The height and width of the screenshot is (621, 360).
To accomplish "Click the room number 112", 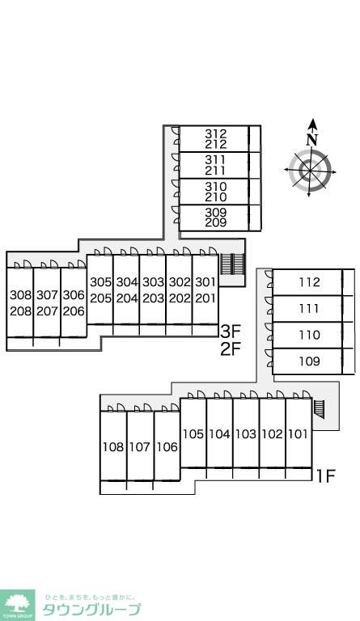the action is [309, 282].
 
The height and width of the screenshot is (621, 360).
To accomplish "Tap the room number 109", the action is [309, 361].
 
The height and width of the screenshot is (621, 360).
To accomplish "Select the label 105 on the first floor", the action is [193, 434].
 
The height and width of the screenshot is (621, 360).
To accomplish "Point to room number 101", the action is [299, 434].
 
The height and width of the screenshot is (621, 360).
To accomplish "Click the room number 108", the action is [113, 447].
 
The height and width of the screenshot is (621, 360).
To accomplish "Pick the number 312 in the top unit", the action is [216, 134].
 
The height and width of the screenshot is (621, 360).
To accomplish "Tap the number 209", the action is [216, 222].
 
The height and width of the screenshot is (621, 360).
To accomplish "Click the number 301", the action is [205, 282].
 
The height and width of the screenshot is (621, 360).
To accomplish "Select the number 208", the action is [20, 311].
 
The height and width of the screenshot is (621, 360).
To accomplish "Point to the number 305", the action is [100, 282].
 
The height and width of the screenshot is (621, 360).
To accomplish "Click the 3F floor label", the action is [231, 330].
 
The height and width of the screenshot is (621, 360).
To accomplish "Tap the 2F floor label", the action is [231, 349].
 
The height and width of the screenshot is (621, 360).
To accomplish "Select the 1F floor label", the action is [325, 475].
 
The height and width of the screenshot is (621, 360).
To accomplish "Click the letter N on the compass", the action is [312, 139].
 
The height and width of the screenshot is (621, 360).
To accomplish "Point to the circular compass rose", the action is [310, 170].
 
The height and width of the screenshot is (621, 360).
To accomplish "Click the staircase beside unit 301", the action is [233, 264].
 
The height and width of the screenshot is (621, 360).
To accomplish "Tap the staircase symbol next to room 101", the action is [319, 409].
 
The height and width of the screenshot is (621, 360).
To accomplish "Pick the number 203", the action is [153, 298].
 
